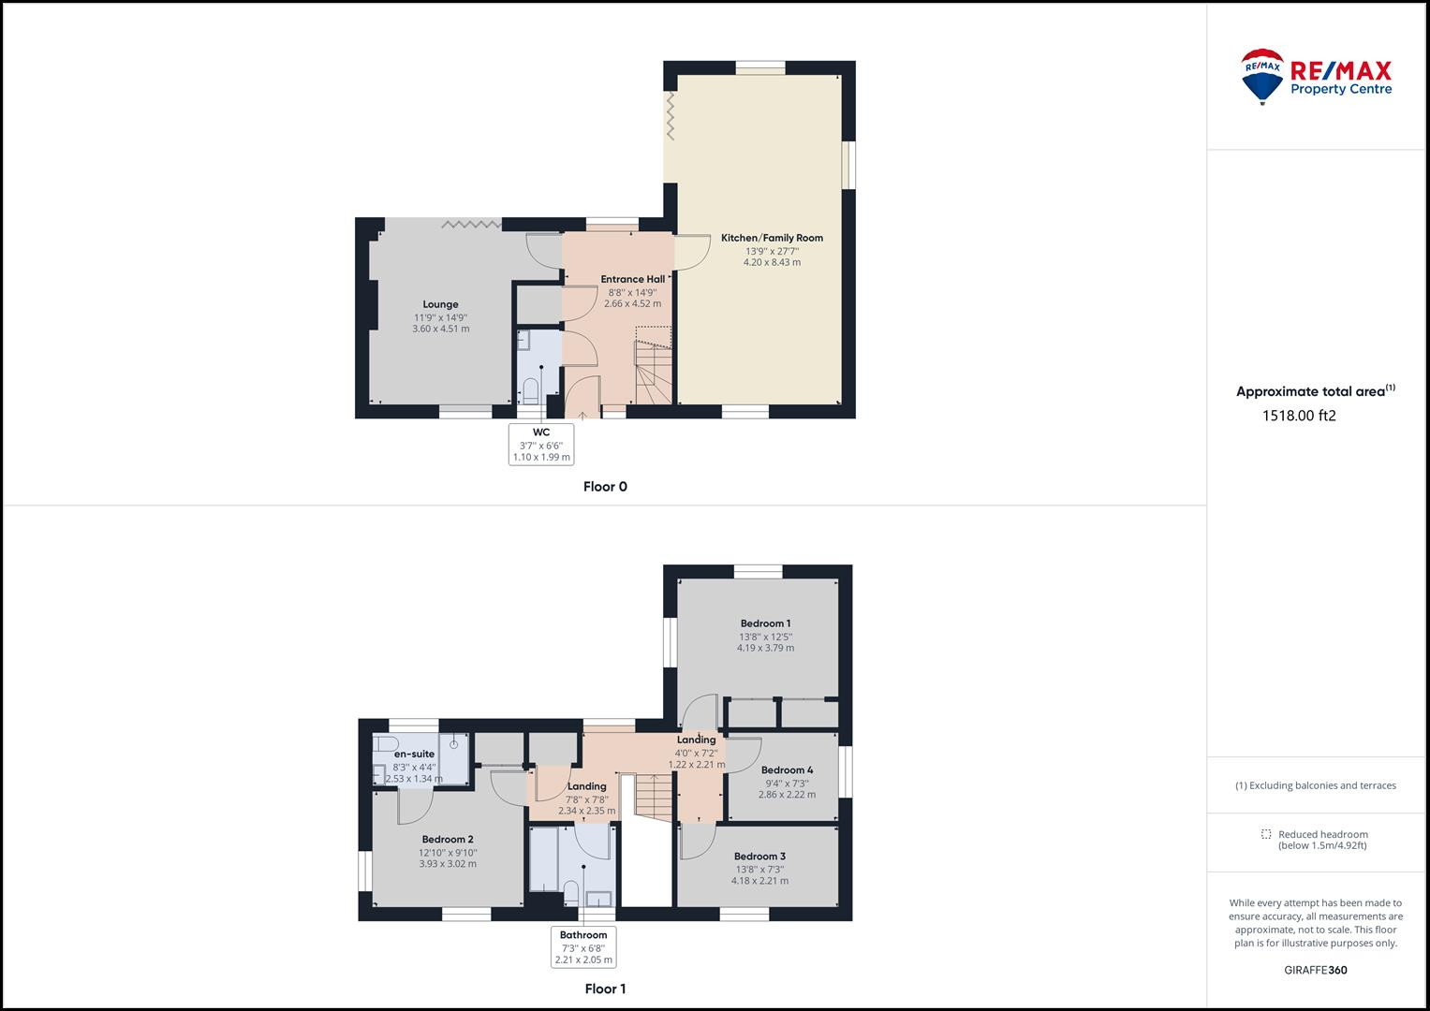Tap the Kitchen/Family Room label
point(772,238)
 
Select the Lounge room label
point(440,304)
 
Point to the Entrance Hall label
point(632,279)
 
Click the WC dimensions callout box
point(541,445)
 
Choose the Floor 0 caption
point(605,487)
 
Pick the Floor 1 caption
point(605,989)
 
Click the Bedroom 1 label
point(765,623)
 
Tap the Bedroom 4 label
point(787,770)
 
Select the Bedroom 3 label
point(759,857)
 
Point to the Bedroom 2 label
point(447,840)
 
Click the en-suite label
point(414,754)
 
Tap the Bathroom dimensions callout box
point(583,946)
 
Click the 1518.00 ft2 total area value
point(1299,417)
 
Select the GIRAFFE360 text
point(1315,970)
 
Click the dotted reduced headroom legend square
point(1266,834)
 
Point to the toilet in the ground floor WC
point(531,389)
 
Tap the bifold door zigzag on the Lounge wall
point(471,224)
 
